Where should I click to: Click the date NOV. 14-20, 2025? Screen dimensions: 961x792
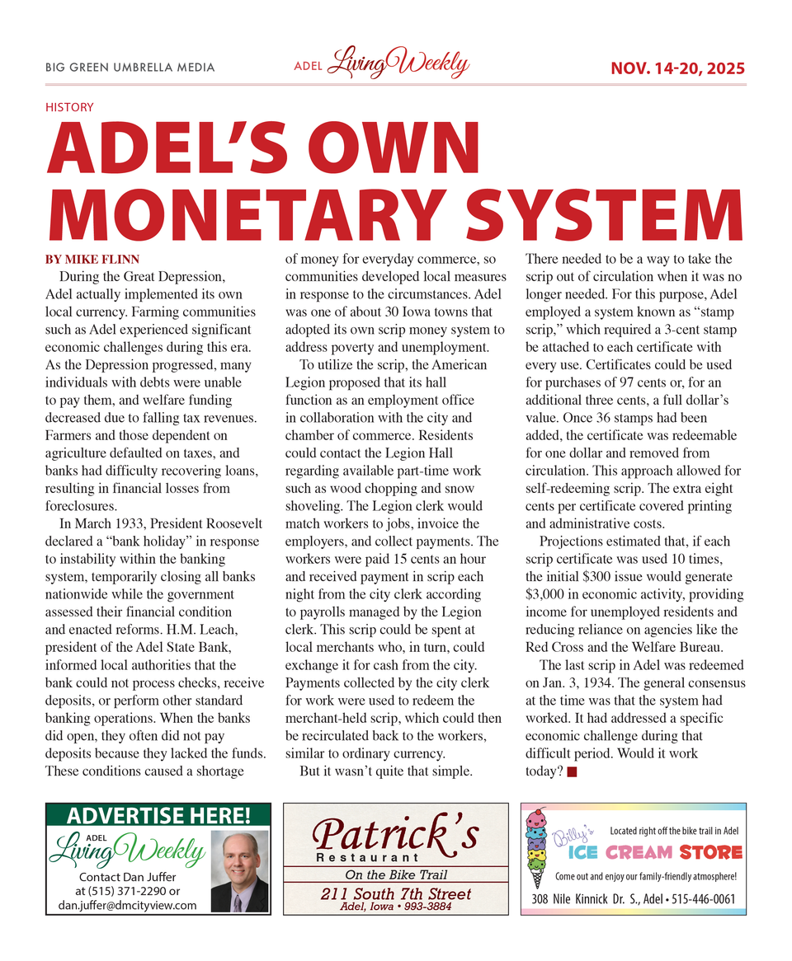(677, 68)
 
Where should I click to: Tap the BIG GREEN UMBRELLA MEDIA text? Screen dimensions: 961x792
(130, 68)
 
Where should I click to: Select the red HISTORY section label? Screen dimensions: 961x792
(69, 107)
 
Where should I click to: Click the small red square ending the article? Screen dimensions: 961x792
(573, 771)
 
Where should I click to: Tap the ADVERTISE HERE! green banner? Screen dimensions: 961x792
(158, 816)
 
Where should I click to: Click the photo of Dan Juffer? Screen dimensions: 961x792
(239, 870)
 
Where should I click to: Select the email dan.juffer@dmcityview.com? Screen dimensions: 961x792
(127, 905)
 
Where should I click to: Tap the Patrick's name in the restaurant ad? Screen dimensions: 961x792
(395, 836)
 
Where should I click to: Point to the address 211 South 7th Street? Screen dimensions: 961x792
(395, 894)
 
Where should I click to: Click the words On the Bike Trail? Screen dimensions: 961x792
(395, 874)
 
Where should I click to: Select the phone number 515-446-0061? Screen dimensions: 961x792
(700, 899)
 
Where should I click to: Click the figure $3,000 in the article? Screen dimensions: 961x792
(549, 594)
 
